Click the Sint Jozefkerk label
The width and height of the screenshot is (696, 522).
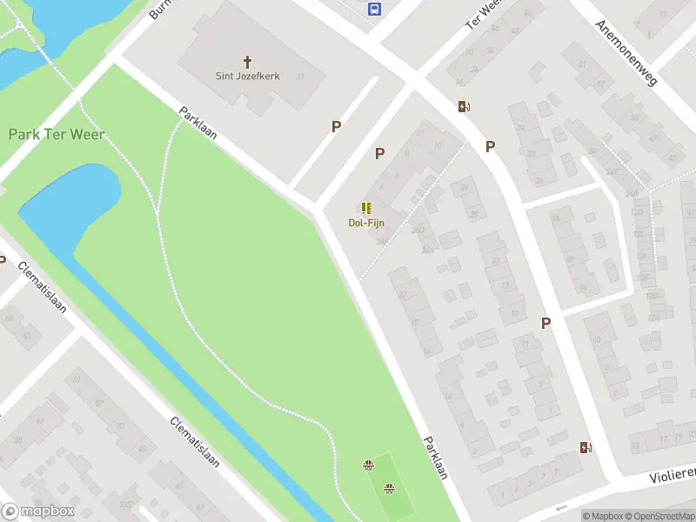[x=248, y=76]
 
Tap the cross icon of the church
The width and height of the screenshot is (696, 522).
[x=248, y=62]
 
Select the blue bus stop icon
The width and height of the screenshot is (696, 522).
[x=375, y=9]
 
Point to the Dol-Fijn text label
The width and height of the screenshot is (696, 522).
[x=366, y=223]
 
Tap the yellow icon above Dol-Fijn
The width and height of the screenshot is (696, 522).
[x=366, y=208]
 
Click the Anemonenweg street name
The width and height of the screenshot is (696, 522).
[x=626, y=52]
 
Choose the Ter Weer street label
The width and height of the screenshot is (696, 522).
[x=485, y=13]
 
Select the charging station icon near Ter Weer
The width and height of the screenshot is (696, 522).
[x=465, y=107]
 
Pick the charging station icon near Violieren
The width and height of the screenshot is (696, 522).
[x=586, y=447]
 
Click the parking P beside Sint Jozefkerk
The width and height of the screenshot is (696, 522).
[x=336, y=126]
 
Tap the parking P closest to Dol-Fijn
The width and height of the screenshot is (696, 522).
[x=379, y=153]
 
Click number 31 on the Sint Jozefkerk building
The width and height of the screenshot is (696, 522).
[x=300, y=77]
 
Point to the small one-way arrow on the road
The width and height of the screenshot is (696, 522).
[x=560, y=508]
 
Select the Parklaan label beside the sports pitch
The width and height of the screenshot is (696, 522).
[x=434, y=458]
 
